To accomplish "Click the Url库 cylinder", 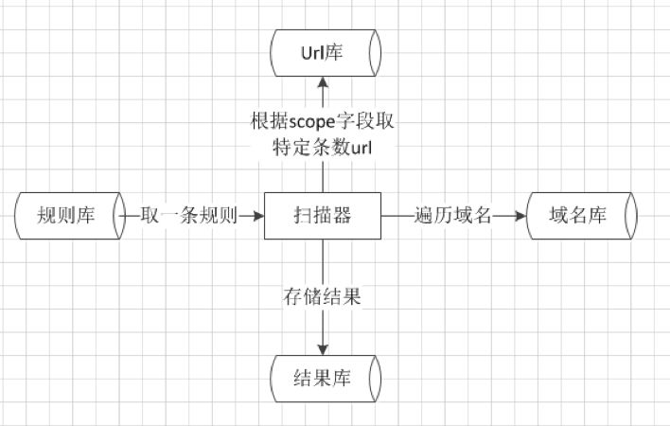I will pos(325,53).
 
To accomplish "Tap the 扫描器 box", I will pos(323,216).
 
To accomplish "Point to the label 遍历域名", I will pos(453,216).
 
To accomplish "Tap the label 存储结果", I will pos(323,295).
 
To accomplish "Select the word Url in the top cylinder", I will pos(314,53).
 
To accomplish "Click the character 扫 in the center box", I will pos(303,216).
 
